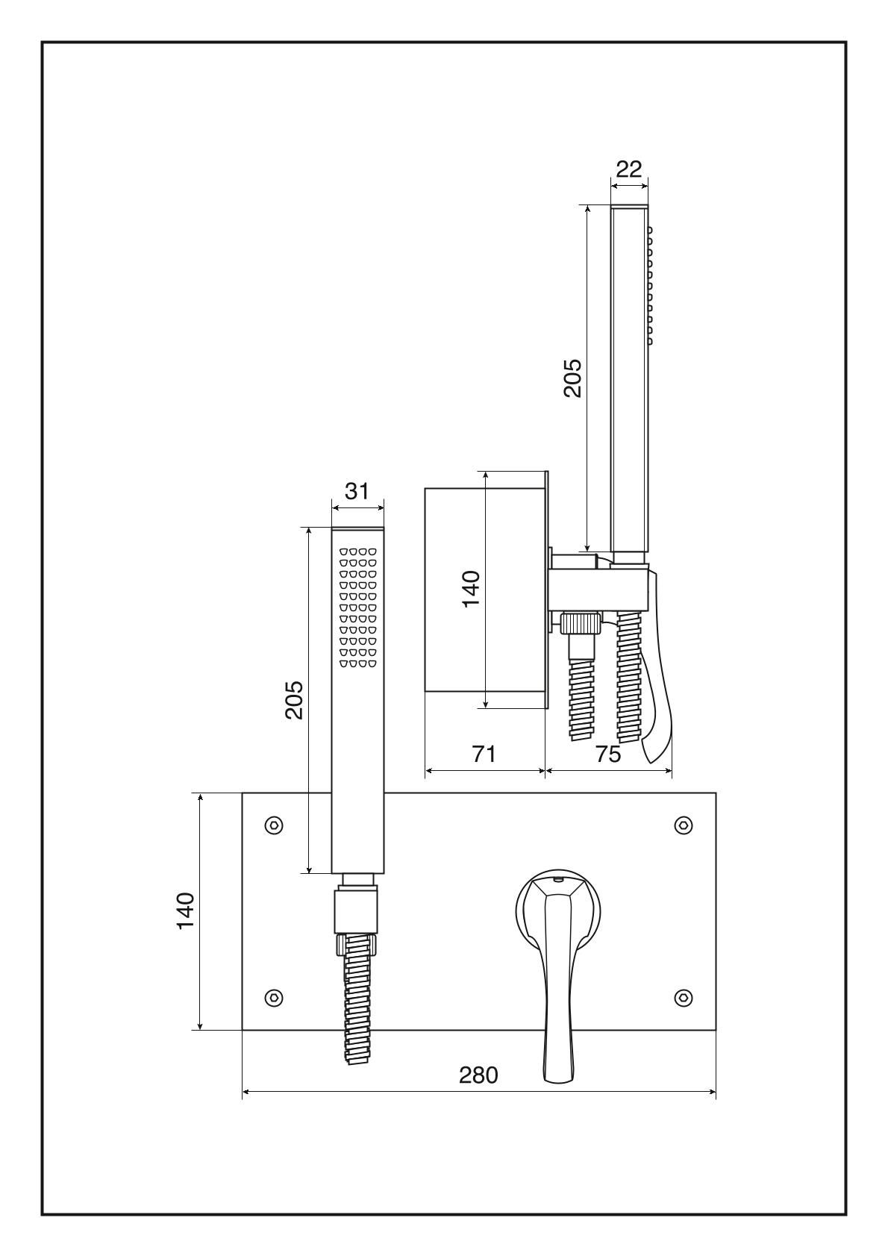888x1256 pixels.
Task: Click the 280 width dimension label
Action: (x=478, y=1075)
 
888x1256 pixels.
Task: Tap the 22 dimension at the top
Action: (x=629, y=169)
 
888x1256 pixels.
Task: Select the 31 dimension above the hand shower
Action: (x=357, y=491)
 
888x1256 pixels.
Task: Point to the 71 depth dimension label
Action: (x=484, y=754)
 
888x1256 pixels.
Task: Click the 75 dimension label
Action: (x=609, y=754)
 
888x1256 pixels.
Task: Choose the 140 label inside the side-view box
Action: (x=470, y=588)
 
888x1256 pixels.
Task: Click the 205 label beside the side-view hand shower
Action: (x=572, y=378)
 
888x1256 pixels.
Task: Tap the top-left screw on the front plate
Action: (x=274, y=825)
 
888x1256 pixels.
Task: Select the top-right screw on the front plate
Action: (x=683, y=825)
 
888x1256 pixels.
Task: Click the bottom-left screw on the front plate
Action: (x=274, y=997)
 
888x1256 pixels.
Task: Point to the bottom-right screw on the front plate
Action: (x=683, y=997)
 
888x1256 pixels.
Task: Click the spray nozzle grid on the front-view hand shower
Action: (x=357, y=607)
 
